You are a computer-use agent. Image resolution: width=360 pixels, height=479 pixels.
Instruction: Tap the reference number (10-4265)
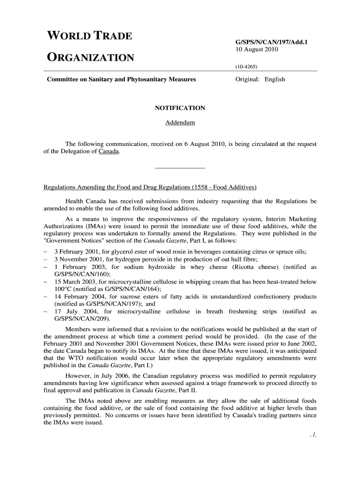pos(246,66)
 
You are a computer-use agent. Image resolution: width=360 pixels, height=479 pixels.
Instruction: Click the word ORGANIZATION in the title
pos(91,58)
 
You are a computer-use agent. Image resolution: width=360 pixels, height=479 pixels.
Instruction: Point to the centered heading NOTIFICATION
pos(180,108)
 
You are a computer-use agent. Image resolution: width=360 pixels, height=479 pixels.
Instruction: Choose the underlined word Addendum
pos(180,123)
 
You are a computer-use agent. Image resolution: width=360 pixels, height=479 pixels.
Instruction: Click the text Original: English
pos(260,80)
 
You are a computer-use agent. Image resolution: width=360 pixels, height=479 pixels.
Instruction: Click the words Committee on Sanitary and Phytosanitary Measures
pos(122,80)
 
